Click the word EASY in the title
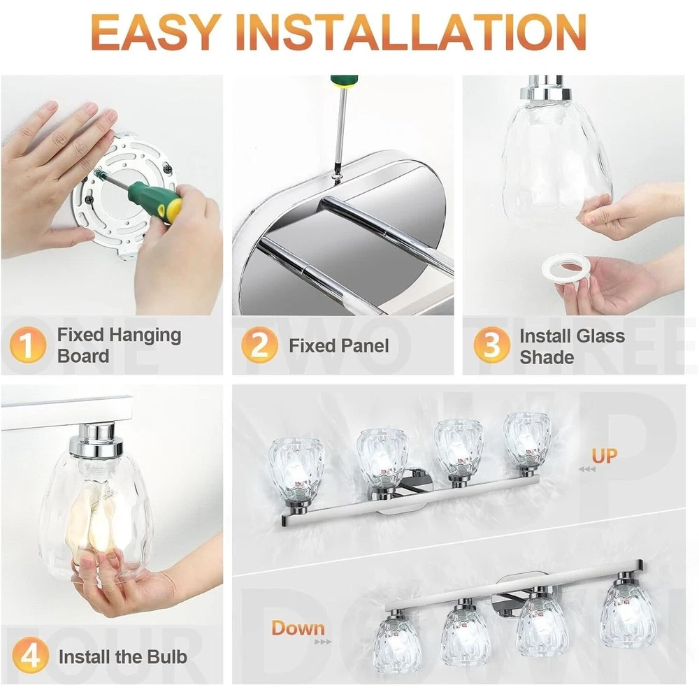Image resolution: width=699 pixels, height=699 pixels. coord(156,32)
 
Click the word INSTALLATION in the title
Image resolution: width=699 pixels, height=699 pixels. coord(415,32)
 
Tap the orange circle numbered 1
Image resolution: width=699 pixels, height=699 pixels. coord(28,345)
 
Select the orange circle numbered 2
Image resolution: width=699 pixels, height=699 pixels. coord(259,345)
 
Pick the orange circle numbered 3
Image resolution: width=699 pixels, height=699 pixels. coord(491,345)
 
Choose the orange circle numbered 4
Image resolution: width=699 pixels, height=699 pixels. coord(30,656)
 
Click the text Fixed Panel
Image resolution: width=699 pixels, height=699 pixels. coord(339,346)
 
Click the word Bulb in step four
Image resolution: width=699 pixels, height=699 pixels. coord(167,656)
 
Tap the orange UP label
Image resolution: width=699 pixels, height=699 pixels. coord(605,456)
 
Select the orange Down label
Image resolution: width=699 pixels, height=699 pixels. coord(298,628)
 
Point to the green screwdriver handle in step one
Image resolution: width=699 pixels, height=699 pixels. coord(155,201)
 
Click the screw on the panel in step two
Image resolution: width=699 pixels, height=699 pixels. coord(338,178)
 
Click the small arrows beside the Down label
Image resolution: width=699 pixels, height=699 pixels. coord(323,642)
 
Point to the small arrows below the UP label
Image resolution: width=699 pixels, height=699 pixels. coord(586,469)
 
